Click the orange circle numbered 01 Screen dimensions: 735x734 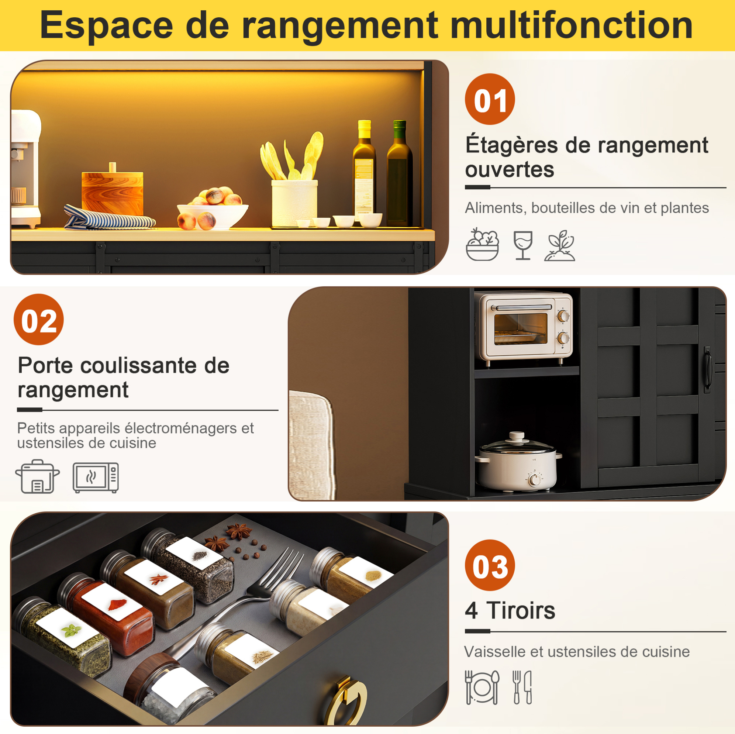coord(490,99)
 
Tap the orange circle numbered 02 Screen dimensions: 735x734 coord(38,320)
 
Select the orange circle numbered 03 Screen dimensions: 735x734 coord(490,565)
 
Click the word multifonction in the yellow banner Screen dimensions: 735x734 coord(572,25)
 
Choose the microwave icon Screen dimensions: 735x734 coord(96,478)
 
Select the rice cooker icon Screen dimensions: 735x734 coord(37,476)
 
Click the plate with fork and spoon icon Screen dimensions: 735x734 coord(482,688)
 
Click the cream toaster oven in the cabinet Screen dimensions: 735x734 coord(525,327)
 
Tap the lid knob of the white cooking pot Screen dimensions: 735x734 coord(517,435)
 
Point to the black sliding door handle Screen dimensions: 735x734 coord(707,369)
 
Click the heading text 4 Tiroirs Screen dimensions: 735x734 coord(510,611)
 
